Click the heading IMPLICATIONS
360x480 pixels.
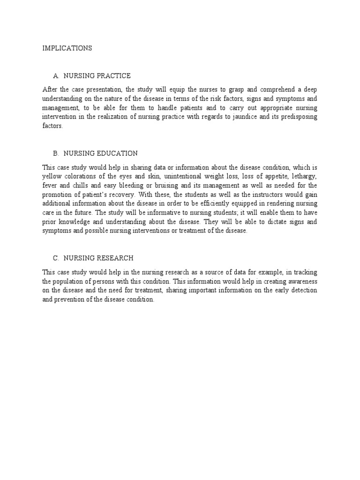point(67,48)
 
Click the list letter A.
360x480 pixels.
point(56,76)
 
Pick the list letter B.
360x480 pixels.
point(56,153)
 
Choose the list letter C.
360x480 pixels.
point(56,258)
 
